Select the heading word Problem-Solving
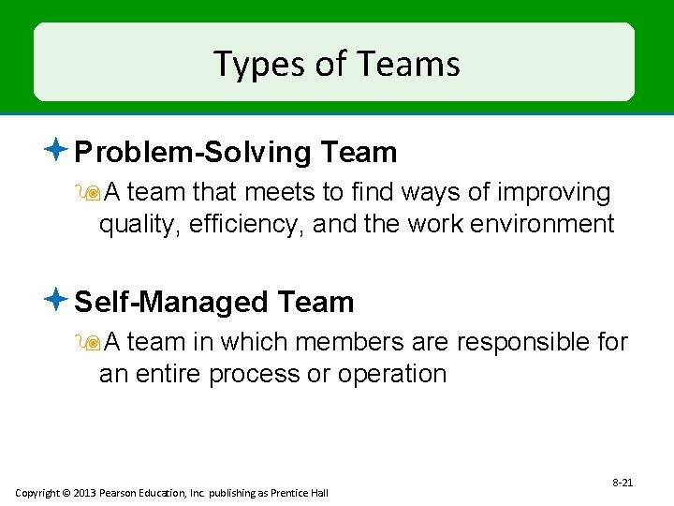coord(194,152)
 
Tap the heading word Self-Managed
coord(170,302)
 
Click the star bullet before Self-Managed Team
coord(57,300)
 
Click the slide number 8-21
coord(623,483)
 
